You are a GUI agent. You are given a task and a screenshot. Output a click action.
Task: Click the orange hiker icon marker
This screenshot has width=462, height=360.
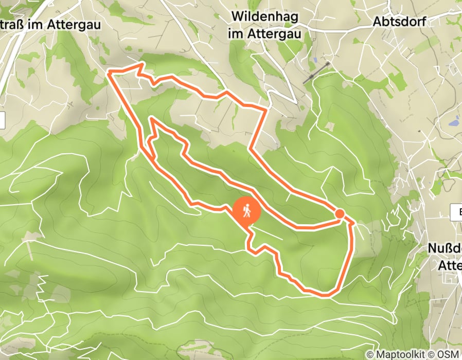point(247,211)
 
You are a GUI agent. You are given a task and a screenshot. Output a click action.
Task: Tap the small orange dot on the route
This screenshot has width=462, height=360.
point(340,213)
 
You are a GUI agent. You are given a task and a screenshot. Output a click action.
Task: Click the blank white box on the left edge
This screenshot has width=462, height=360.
point(2,120)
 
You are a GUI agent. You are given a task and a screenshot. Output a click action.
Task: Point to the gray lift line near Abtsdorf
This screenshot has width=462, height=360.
point(316,73)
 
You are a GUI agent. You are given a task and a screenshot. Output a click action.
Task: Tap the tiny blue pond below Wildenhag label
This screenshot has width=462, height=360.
point(314,61)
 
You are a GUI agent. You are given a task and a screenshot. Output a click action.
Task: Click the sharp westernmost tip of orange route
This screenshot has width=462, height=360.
point(108,74)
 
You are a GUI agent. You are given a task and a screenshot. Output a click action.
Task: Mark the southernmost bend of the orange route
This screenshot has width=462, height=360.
point(325,295)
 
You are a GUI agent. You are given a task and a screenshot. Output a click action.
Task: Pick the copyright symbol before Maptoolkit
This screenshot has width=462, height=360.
point(370,354)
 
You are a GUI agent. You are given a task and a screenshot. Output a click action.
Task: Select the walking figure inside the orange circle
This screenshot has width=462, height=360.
point(247,210)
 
